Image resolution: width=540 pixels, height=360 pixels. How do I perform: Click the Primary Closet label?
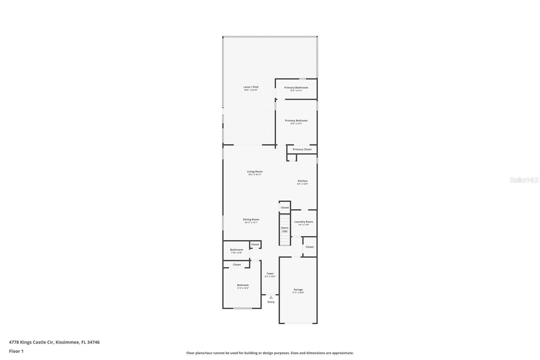302,149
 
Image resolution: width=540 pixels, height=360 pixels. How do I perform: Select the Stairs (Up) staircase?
285,229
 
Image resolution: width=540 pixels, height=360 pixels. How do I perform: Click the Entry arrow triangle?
271,298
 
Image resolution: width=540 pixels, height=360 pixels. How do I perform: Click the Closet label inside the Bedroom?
237,264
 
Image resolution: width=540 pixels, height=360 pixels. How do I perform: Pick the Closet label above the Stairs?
285,207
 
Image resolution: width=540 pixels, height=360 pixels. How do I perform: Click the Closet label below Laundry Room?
309,247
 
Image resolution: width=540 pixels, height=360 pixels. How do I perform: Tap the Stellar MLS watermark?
524,180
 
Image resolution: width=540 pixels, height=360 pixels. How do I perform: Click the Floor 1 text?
16,351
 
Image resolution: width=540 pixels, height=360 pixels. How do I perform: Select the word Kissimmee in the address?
67,342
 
